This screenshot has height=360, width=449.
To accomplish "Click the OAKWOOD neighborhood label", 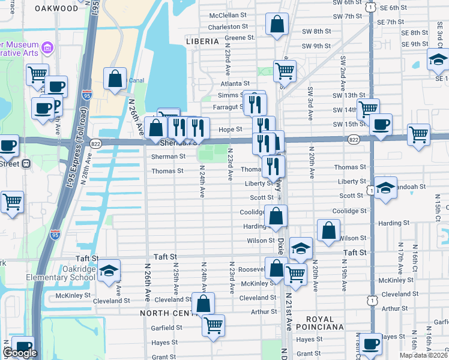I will pos(56,8).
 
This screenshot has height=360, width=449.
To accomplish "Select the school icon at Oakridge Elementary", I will pos(109,271).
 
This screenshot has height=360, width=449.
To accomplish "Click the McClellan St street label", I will pos(228,15).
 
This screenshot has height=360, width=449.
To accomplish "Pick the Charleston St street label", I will pos(228,27).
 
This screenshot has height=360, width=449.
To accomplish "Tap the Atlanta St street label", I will pos(234,83).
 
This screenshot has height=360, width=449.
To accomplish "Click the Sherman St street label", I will pos(168,156).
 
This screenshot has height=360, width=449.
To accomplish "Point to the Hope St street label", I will pos(230,129).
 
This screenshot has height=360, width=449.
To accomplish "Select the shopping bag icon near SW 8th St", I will pos(277,26).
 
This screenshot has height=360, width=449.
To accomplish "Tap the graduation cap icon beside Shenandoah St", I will pos(385,188).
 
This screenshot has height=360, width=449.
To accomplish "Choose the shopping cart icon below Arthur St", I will pos(213,326).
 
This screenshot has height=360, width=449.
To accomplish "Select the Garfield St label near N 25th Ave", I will pos(167,328).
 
